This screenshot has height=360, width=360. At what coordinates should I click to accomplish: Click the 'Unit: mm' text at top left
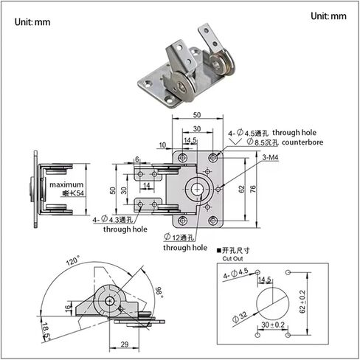(32, 21)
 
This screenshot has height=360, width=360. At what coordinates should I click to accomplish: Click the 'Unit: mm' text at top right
(328, 16)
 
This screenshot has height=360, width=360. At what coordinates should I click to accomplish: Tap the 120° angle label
(73, 261)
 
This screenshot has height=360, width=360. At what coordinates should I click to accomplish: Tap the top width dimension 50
(197, 116)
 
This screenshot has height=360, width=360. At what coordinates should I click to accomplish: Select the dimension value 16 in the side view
(69, 306)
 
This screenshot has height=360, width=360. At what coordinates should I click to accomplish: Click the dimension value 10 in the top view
(162, 145)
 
